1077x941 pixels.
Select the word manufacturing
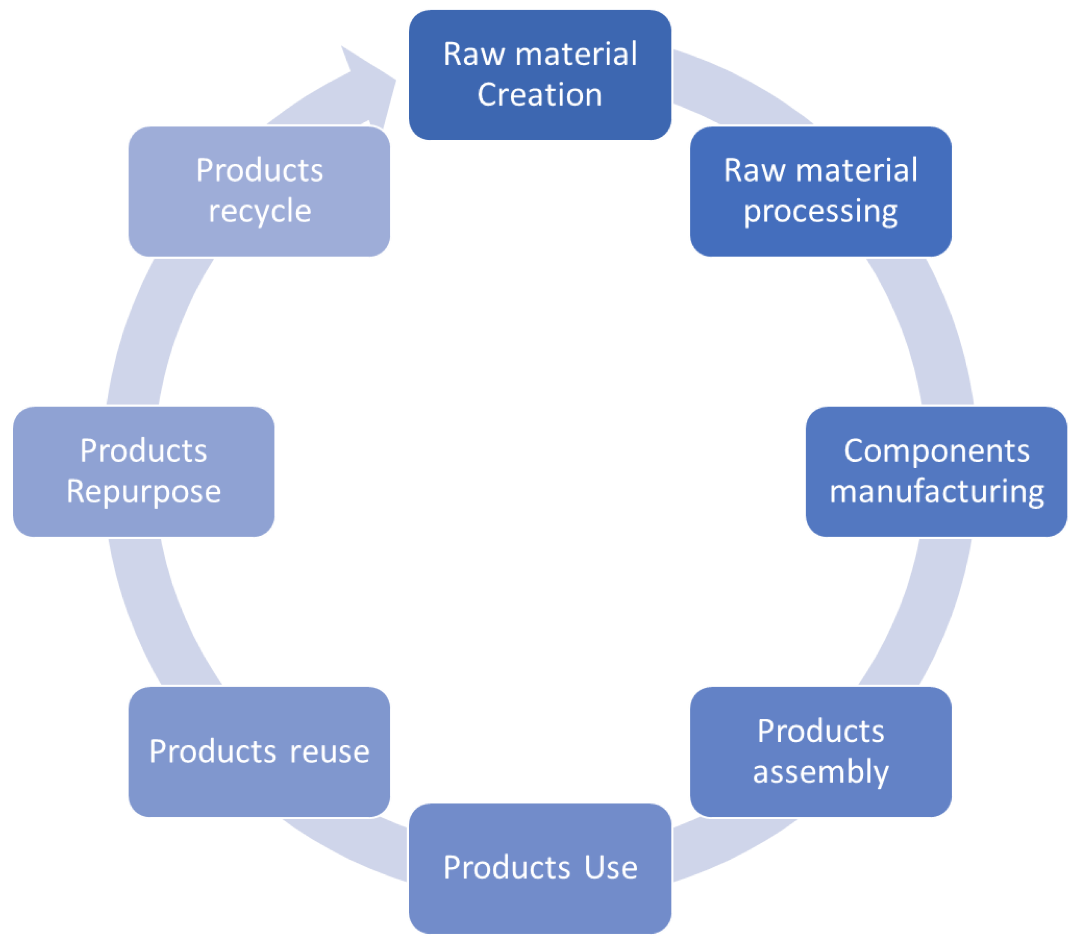pyautogui.click(x=936, y=492)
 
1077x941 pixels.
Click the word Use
pyautogui.click(x=610, y=867)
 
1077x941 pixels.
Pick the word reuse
pyautogui.click(x=329, y=752)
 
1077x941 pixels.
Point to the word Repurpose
pyautogui.click(x=143, y=492)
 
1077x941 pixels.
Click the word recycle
pyautogui.click(x=260, y=212)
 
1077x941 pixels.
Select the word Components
pyautogui.click(x=936, y=451)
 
